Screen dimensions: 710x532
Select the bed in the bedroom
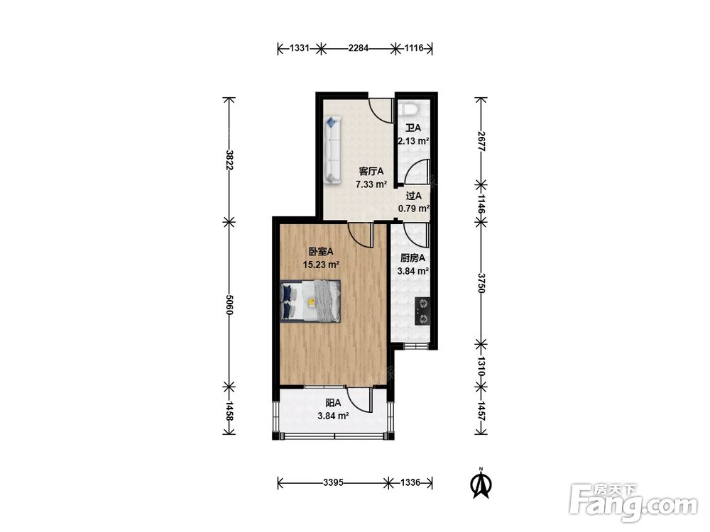click(x=311, y=301)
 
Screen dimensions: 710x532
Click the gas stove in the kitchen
click(x=422, y=311)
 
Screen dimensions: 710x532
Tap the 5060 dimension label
click(x=229, y=304)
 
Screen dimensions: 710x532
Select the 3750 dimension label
click(x=481, y=283)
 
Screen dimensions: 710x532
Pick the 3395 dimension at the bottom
click(x=333, y=482)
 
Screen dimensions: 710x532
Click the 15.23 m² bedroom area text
click(x=321, y=265)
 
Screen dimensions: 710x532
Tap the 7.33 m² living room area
click(x=371, y=184)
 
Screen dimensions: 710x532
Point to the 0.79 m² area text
click(x=413, y=209)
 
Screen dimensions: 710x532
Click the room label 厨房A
click(x=413, y=258)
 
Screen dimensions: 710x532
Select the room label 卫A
click(x=413, y=128)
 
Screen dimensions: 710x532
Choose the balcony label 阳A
click(x=333, y=403)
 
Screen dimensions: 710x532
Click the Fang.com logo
click(x=633, y=503)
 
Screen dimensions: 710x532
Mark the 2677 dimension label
click(x=481, y=142)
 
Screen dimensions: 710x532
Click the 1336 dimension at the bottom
click(x=410, y=482)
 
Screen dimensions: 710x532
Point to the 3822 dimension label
click(x=229, y=160)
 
